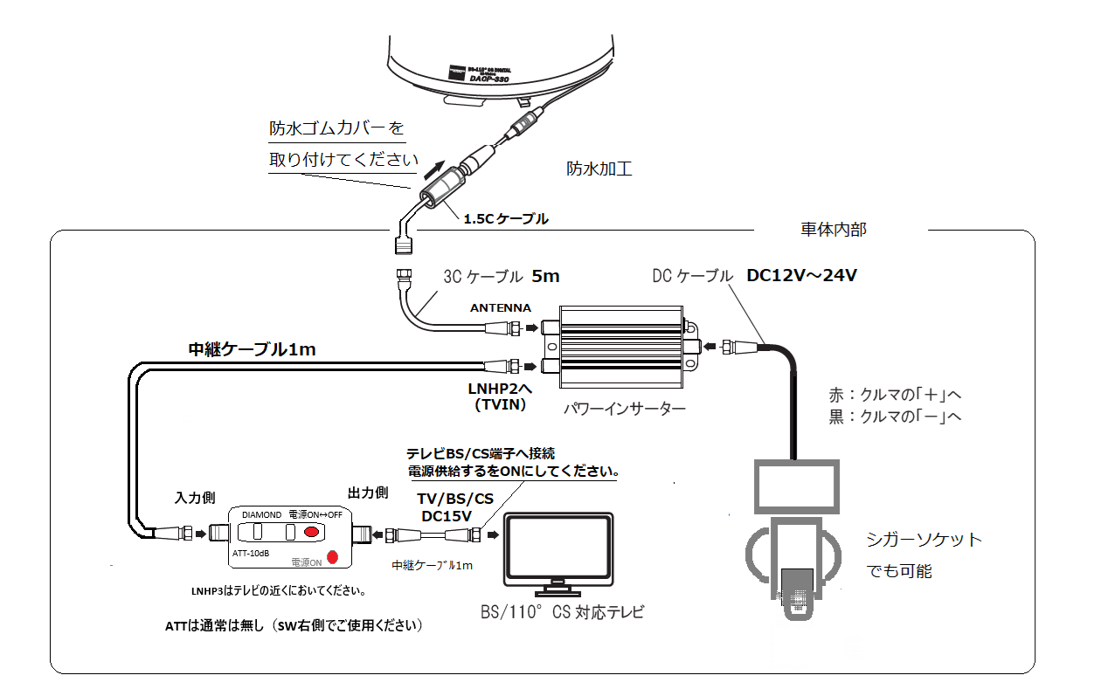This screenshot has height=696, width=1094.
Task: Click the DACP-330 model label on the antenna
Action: [489, 78]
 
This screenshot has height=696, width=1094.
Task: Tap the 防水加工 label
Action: [599, 169]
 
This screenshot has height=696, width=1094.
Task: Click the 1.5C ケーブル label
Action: [506, 219]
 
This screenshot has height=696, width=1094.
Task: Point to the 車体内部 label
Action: [834, 230]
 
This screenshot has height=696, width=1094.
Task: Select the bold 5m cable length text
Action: [545, 276]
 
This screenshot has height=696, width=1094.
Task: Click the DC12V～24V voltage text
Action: [802, 276]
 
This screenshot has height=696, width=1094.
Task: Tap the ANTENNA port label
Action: [500, 308]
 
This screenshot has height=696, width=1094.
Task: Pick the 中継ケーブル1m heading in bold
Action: [253, 350]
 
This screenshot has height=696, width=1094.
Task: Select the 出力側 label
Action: [367, 493]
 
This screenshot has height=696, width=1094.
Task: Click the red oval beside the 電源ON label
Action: [332, 557]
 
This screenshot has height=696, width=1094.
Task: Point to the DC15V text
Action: [447, 516]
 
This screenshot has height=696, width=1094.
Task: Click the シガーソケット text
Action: [924, 540]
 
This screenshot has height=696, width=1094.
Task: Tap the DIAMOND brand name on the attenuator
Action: [261, 514]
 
